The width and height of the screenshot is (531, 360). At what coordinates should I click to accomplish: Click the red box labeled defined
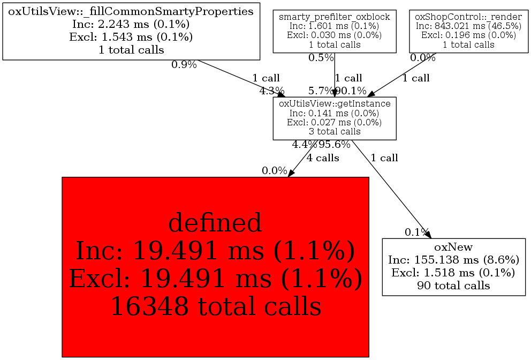click(x=215, y=266)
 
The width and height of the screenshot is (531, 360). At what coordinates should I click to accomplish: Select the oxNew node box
click(x=453, y=266)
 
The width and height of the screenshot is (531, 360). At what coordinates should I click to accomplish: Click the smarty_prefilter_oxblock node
click(x=335, y=32)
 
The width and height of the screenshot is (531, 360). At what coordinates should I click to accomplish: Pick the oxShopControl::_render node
click(x=468, y=32)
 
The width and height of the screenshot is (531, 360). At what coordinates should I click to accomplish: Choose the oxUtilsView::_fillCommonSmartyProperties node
click(x=131, y=31)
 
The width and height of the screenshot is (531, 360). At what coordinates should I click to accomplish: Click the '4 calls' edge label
click(x=323, y=158)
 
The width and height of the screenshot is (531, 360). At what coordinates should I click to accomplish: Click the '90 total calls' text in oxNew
click(x=453, y=285)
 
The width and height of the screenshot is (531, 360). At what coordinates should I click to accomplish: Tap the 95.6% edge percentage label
click(x=335, y=145)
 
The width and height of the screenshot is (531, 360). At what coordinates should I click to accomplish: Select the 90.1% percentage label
click(x=351, y=91)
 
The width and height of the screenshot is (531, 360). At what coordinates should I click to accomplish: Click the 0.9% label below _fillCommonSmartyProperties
click(x=184, y=65)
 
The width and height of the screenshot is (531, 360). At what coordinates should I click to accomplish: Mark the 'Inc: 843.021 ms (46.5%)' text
click(x=468, y=26)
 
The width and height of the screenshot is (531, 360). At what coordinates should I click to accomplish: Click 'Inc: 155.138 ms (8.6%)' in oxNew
click(x=453, y=260)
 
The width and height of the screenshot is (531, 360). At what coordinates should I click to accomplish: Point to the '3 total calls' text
click(x=335, y=131)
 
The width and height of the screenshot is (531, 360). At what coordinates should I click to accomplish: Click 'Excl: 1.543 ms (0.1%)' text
click(x=131, y=37)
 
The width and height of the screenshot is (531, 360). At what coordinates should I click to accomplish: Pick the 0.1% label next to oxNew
click(x=416, y=232)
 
